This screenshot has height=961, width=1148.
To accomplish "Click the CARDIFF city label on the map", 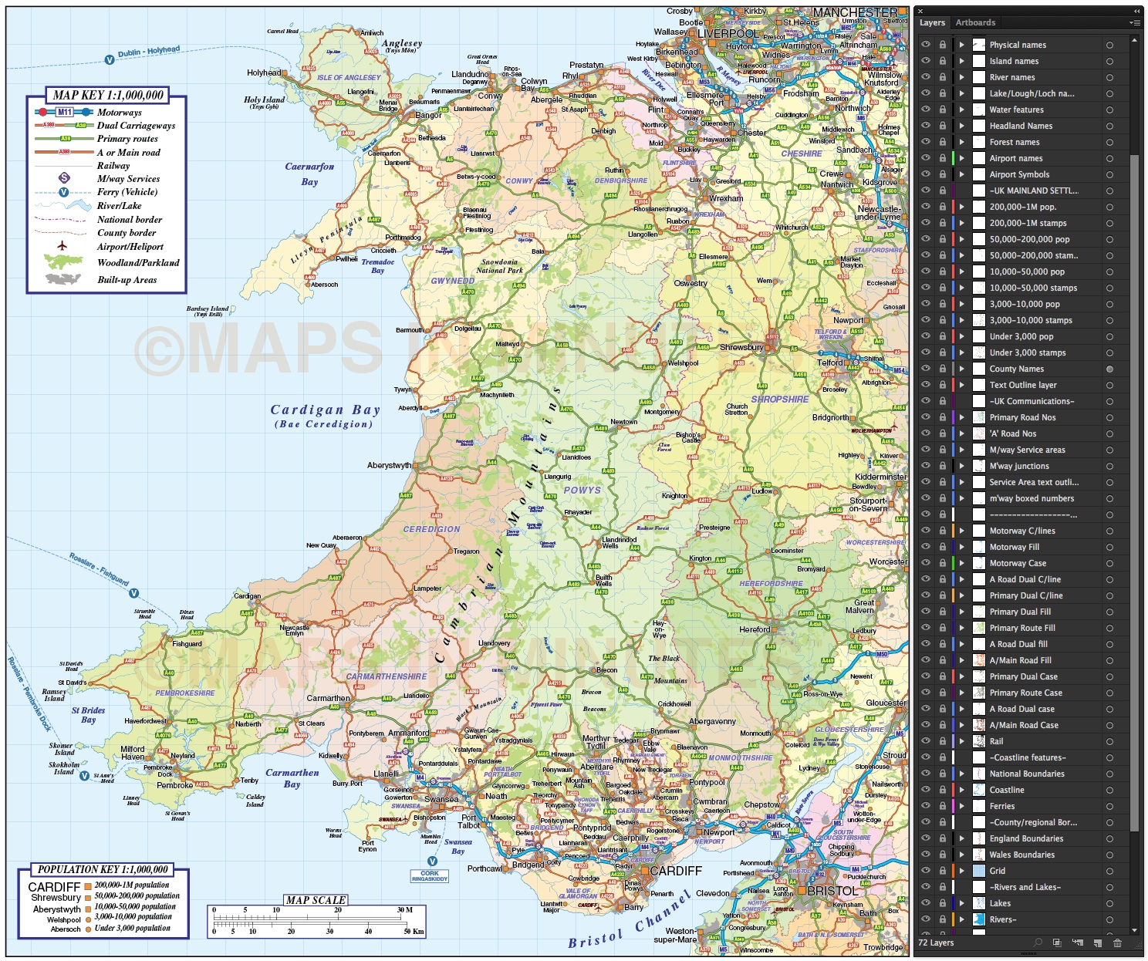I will pyautogui.click(x=676, y=871).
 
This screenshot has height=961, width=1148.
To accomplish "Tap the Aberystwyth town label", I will pyautogui.click(x=389, y=466).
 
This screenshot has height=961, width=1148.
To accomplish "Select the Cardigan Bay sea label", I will pyautogui.click(x=325, y=410).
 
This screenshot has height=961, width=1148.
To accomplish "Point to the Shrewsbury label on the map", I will pyautogui.click(x=741, y=347).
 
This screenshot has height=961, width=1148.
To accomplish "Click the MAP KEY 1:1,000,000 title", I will pyautogui.click(x=108, y=96).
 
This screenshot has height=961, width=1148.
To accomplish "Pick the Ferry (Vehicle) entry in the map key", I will pyautogui.click(x=127, y=192).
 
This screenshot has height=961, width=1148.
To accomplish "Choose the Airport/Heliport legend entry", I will pyautogui.click(x=130, y=247).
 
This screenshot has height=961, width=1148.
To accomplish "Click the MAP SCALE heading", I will pyautogui.click(x=316, y=900).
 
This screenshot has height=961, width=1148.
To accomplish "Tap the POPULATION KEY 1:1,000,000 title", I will pyautogui.click(x=103, y=869).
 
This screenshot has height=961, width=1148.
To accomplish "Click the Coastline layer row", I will pyautogui.click(x=1007, y=790).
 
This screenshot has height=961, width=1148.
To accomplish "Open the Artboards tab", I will pyautogui.click(x=975, y=22).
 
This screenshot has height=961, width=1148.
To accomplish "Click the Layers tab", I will pyautogui.click(x=932, y=22).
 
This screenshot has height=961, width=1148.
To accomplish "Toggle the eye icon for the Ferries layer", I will pyautogui.click(x=926, y=806).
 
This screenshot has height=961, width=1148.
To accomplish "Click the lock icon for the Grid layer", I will pyautogui.click(x=942, y=871).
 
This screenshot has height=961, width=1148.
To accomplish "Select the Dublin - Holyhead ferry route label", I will pyautogui.click(x=148, y=52).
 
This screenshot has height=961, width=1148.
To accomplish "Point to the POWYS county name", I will pyautogui.click(x=582, y=490).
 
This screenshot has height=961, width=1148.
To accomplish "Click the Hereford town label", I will pyautogui.click(x=755, y=629).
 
